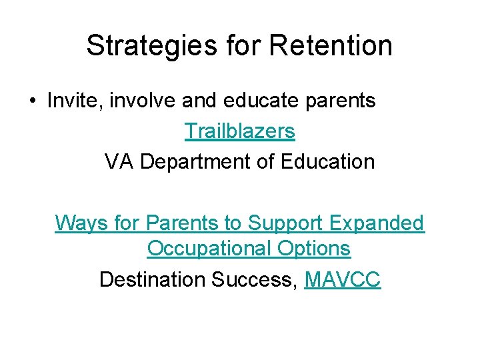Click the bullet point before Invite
[x=31, y=101]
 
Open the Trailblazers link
[x=239, y=131]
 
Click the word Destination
[x=153, y=279]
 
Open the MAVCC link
[x=342, y=279]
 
